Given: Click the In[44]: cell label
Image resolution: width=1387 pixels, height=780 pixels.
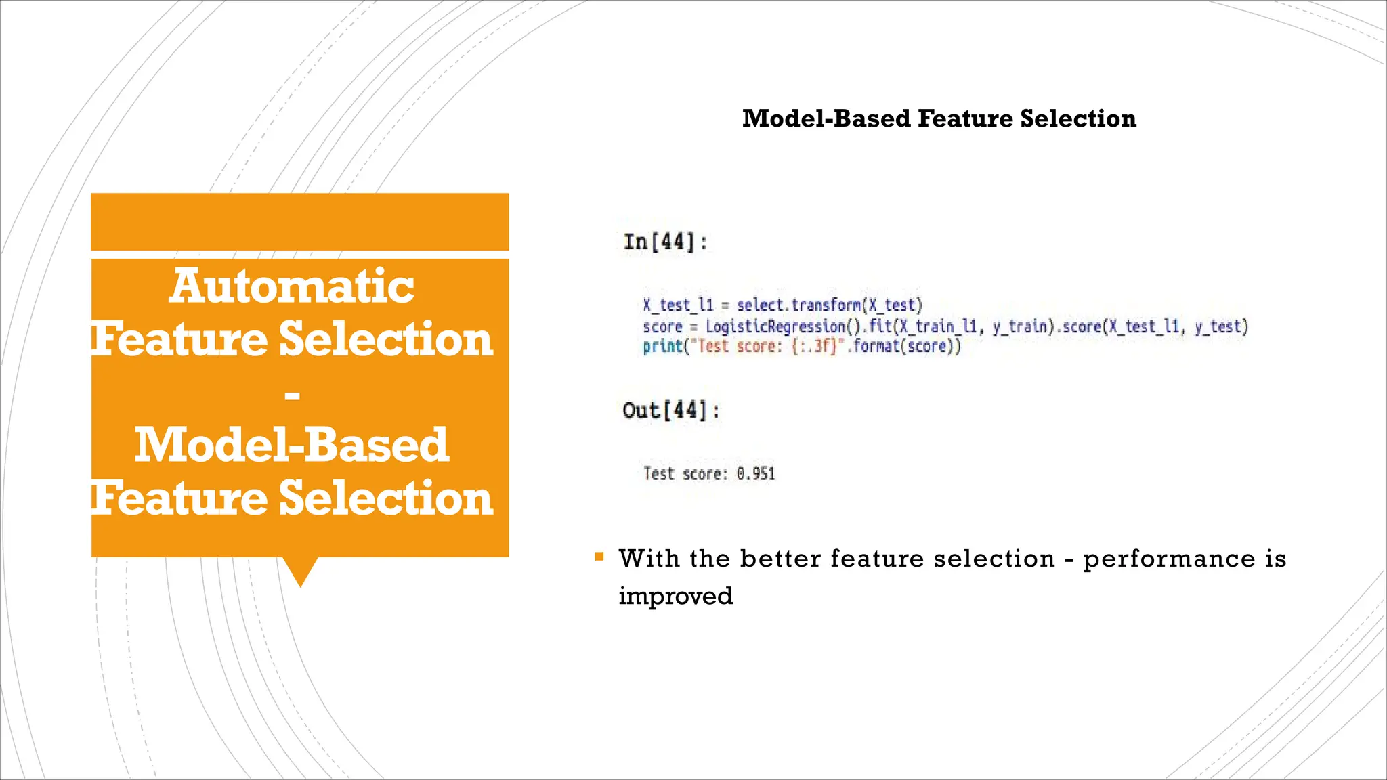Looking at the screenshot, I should point(665,242).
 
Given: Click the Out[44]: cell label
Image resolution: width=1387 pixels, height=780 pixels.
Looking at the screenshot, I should point(670,410).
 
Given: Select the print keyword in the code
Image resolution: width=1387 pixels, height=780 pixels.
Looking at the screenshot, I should point(662,347).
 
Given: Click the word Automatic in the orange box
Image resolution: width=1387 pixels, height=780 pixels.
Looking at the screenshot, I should point(292,286).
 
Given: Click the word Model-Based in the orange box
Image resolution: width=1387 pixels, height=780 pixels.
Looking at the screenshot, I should point(292,446).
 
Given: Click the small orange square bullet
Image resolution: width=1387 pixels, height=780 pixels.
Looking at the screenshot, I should point(599,557).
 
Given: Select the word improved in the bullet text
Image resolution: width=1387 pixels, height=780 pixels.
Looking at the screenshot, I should point(675,596).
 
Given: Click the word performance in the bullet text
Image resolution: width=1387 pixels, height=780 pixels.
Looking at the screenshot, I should point(1169,559).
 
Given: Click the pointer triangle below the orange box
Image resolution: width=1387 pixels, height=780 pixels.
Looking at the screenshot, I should point(300,571).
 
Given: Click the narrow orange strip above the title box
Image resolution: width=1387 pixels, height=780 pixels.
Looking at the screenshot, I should point(300,221).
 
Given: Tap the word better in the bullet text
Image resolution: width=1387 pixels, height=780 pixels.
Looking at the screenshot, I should point(780,559).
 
